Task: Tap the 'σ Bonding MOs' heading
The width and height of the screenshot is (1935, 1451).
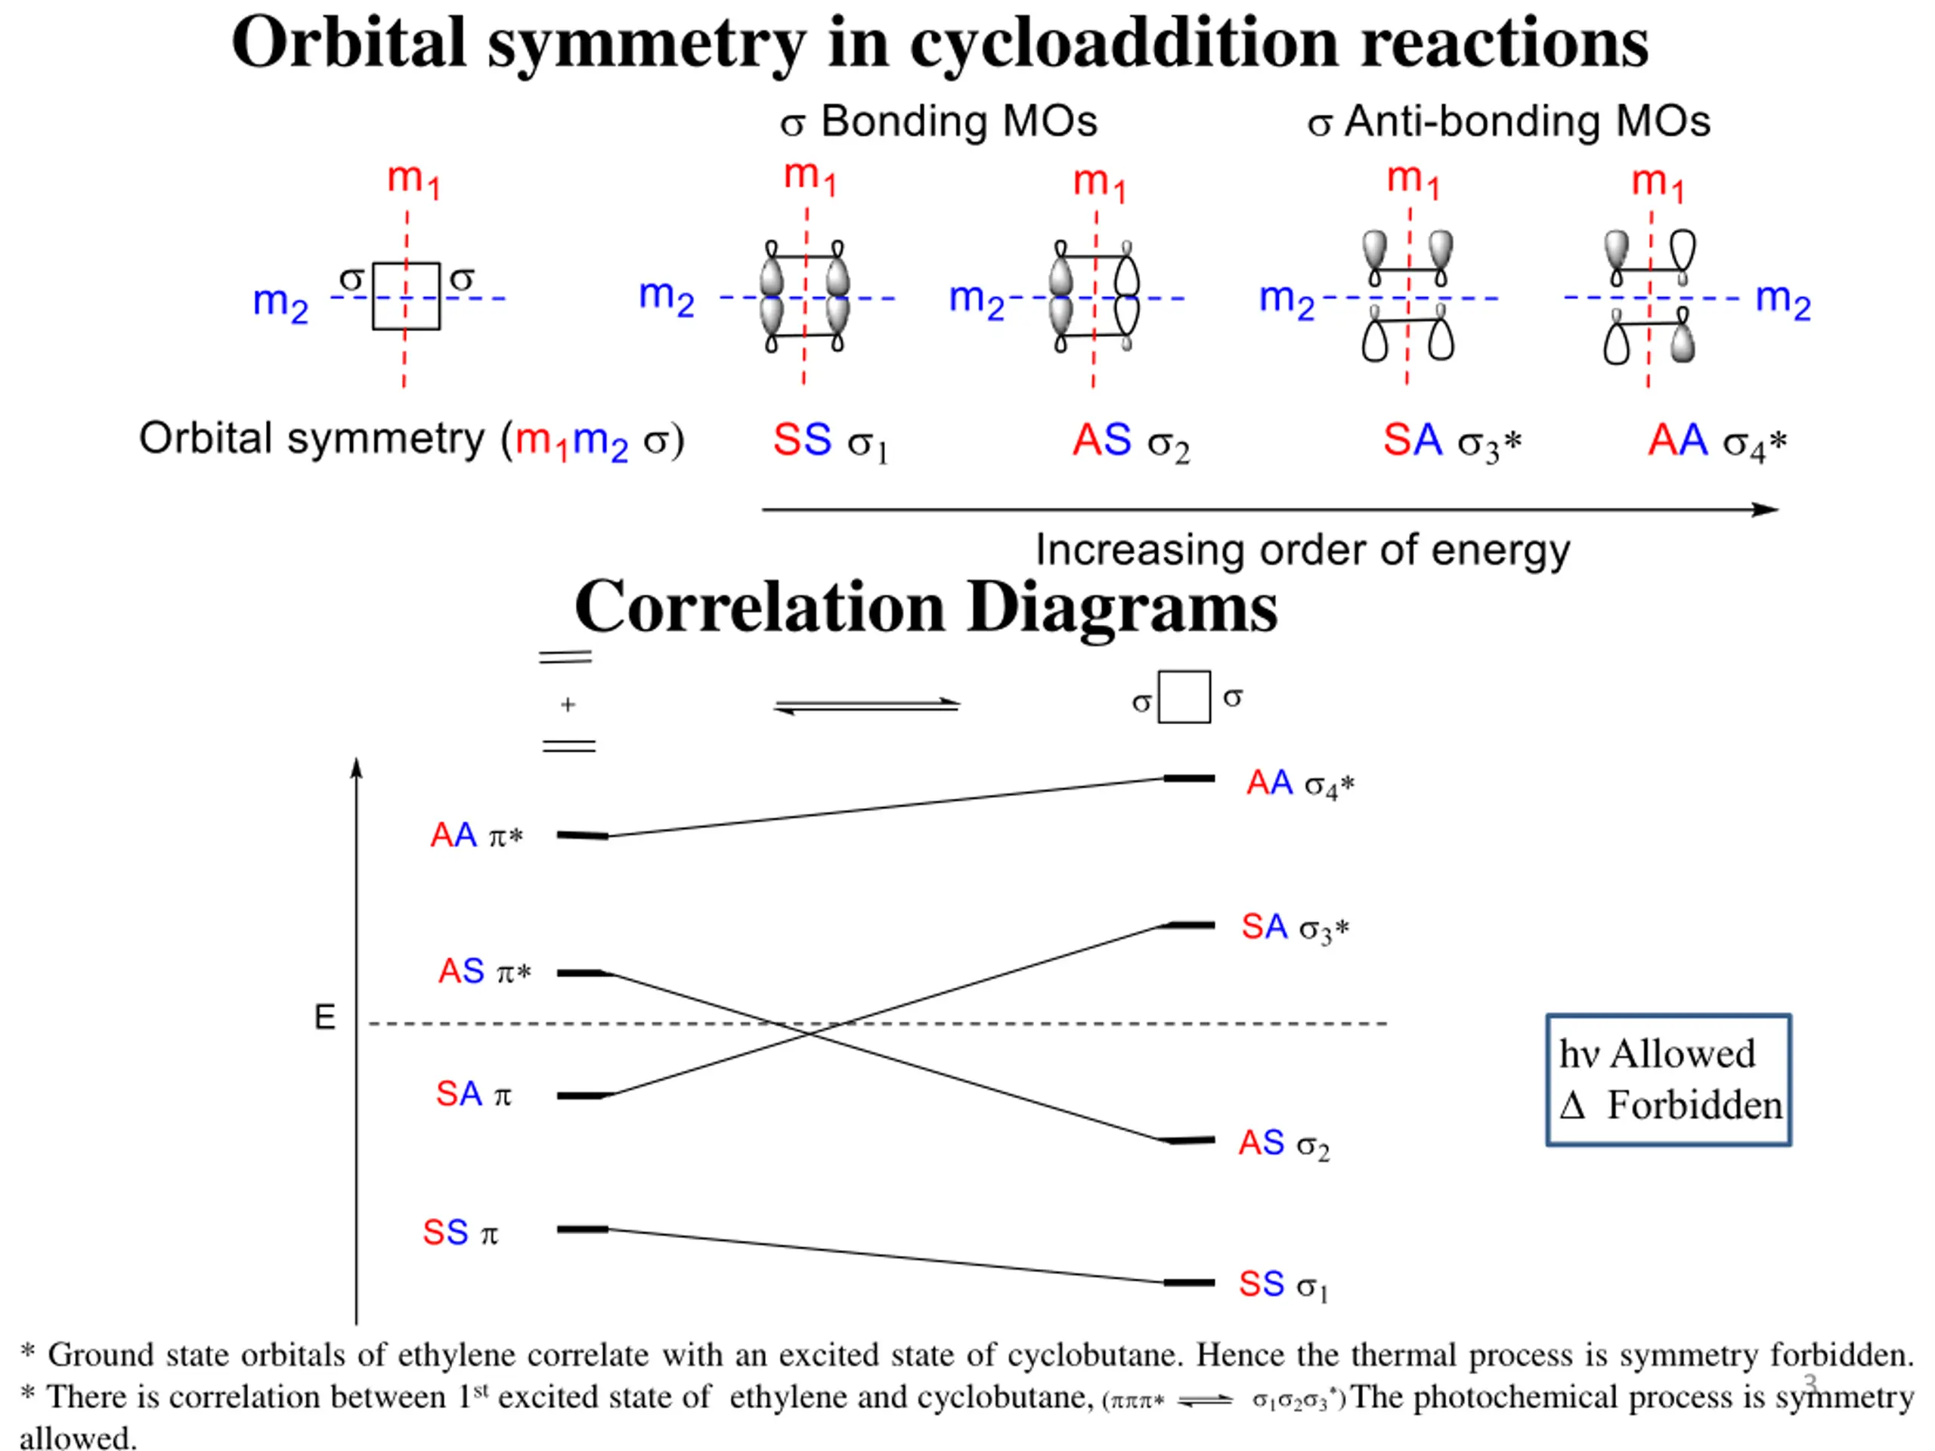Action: [x=939, y=122]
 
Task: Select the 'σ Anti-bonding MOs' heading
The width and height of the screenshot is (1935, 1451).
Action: [x=1508, y=122]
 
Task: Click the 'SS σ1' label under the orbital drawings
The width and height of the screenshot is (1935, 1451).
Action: [x=829, y=441]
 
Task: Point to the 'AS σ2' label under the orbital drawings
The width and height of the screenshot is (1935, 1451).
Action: [x=1130, y=441]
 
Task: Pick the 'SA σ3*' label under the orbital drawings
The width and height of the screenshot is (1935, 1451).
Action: [x=1451, y=441]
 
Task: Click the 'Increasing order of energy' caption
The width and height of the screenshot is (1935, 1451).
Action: [x=1302, y=550]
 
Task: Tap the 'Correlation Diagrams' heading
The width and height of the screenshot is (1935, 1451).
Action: [x=925, y=607]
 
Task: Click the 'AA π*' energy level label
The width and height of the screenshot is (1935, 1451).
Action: [x=476, y=836]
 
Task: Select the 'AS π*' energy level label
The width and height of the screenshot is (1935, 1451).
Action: [x=484, y=972]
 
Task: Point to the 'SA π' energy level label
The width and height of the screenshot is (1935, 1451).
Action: [x=473, y=1094]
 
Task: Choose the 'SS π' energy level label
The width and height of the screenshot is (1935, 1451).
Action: [x=460, y=1233]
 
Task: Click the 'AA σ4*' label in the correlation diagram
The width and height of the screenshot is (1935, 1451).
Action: [x=1300, y=784]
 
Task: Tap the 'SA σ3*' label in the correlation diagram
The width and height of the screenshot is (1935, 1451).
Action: [x=1295, y=927]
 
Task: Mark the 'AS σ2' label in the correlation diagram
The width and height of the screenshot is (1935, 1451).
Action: [x=1283, y=1143]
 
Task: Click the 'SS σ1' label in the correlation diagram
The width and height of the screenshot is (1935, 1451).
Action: [x=1283, y=1285]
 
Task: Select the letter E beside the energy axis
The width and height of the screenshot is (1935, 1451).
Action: [x=324, y=1017]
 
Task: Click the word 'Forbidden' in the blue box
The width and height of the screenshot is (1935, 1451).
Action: [x=1694, y=1106]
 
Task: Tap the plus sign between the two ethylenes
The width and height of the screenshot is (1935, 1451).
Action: [x=568, y=704]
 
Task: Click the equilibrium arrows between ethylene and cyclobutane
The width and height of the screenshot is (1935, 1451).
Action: [x=867, y=705]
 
